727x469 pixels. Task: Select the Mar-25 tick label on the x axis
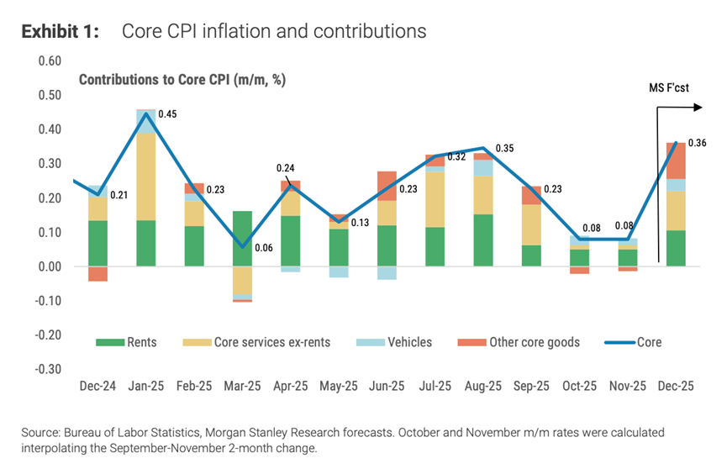click(242, 386)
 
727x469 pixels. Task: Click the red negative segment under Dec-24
click(98, 273)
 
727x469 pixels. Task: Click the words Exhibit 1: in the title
click(60, 31)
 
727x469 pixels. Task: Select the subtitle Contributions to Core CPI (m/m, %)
click(182, 80)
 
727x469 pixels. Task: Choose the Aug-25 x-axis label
click(482, 386)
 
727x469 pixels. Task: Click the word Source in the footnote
click(40, 432)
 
